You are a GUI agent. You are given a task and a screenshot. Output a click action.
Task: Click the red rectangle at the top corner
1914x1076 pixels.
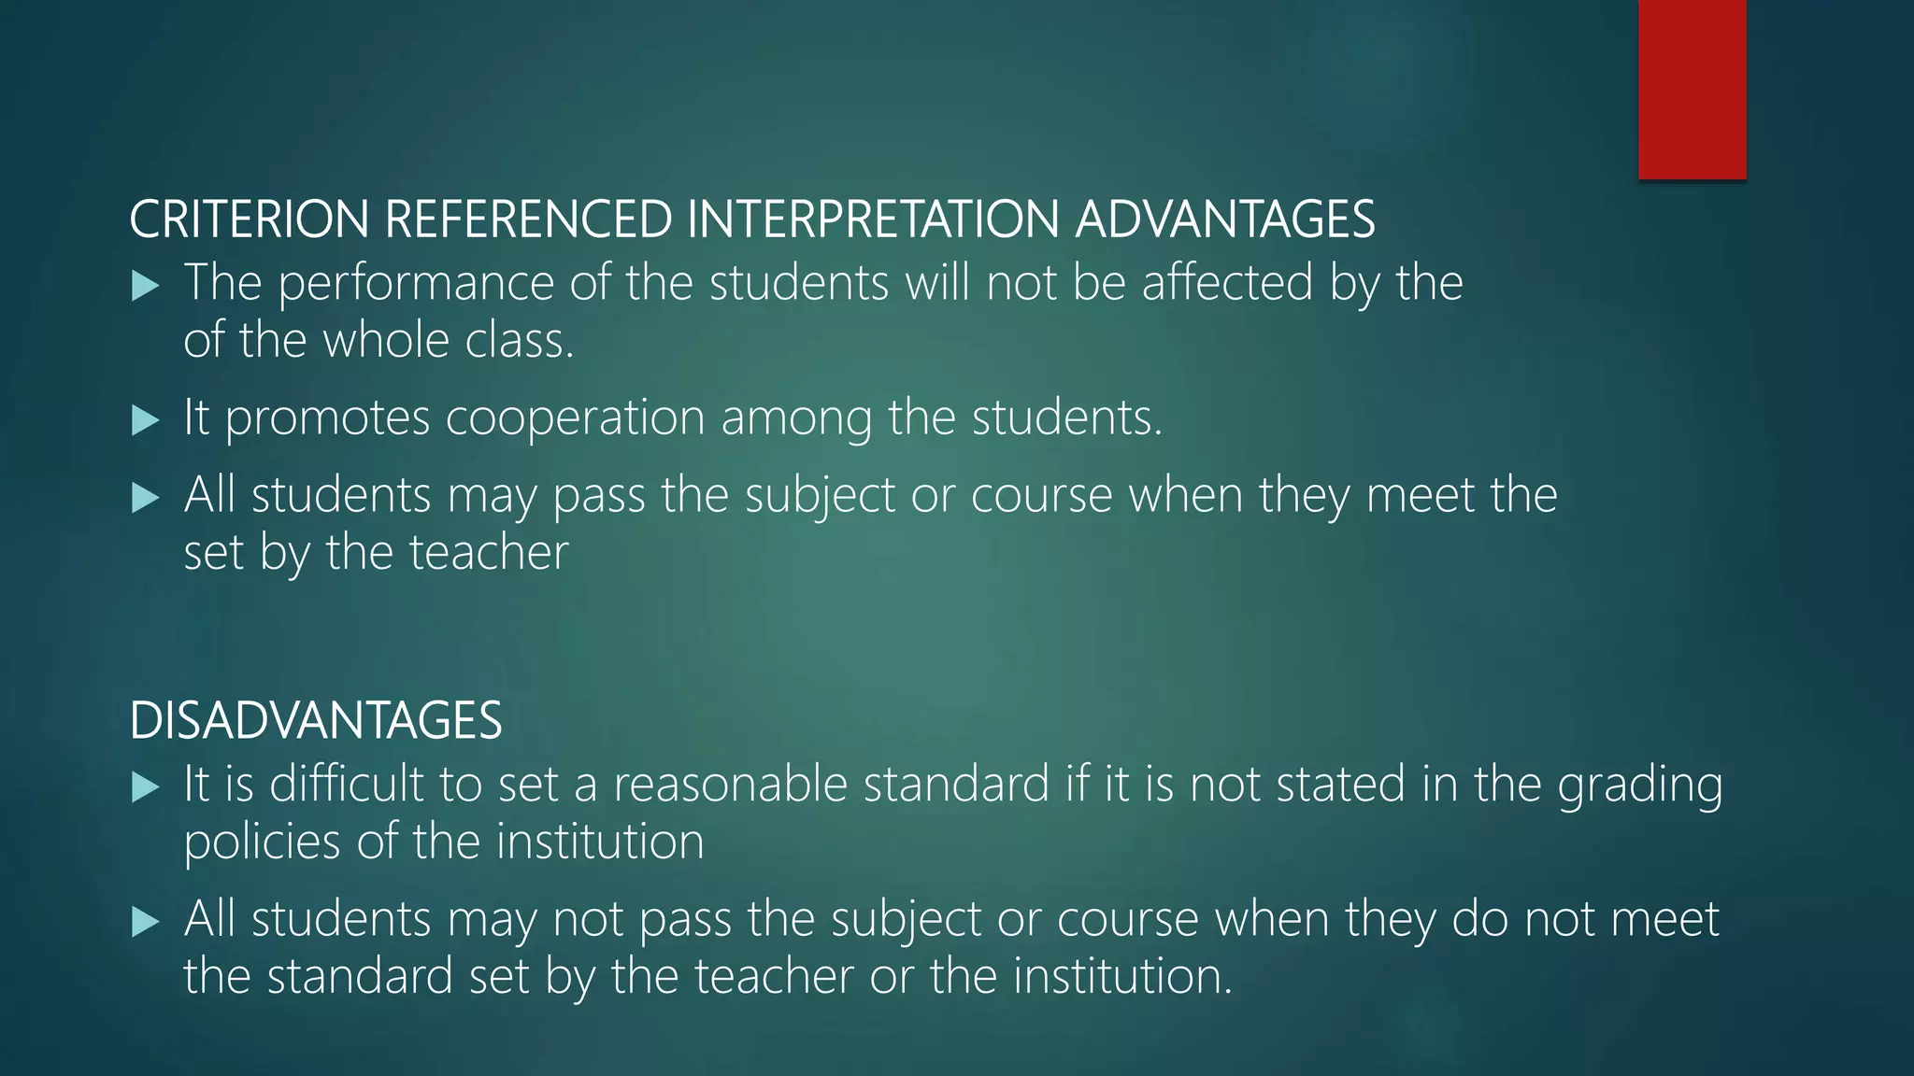pyautogui.click(x=1692, y=89)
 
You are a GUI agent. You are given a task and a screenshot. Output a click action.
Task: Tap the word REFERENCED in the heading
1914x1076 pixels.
pyautogui.click(x=528, y=219)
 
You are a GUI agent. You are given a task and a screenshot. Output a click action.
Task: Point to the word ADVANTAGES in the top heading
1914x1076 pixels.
pyautogui.click(x=1224, y=219)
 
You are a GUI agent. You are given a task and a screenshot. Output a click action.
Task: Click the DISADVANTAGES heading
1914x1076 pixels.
pyautogui.click(x=316, y=721)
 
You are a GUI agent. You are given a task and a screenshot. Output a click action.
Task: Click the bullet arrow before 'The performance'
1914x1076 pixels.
pyautogui.click(x=145, y=286)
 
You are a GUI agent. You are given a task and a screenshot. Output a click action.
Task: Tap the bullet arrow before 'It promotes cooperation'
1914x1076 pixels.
pyautogui.click(x=145, y=420)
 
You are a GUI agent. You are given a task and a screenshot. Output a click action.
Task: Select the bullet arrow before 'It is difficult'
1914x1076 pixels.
pyautogui.click(x=145, y=786)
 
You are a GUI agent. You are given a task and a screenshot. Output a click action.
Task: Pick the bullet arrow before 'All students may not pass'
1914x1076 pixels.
pyautogui.click(x=145, y=922)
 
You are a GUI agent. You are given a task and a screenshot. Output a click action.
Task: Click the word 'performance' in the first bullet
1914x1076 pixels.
pyautogui.click(x=416, y=284)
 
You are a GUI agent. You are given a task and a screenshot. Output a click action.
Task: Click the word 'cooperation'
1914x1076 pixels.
pyautogui.click(x=575, y=418)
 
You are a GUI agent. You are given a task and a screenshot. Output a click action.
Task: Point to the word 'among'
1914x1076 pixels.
pyautogui.click(x=796, y=418)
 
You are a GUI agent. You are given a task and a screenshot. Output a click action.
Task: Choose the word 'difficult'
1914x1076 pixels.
pyautogui.click(x=346, y=785)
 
